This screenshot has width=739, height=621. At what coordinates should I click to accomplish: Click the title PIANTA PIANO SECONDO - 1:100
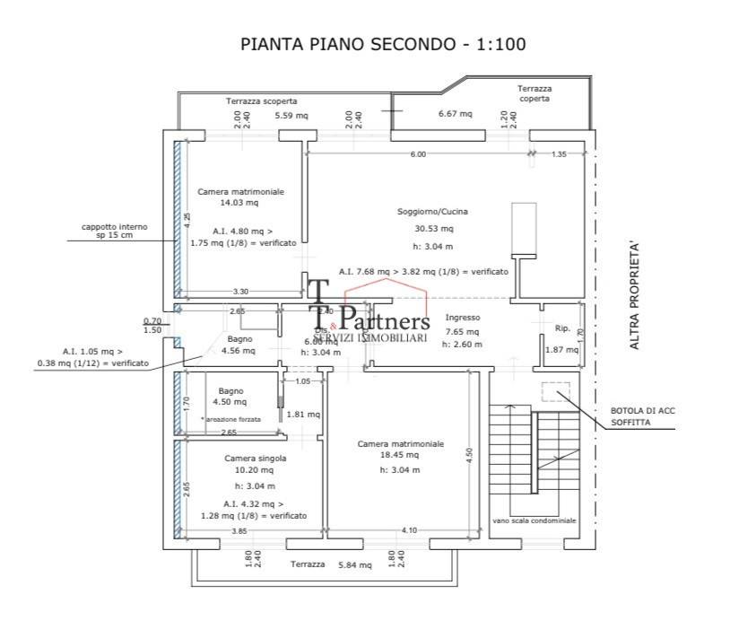(x=383, y=44)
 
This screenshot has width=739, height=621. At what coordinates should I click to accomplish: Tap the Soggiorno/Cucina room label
(x=433, y=212)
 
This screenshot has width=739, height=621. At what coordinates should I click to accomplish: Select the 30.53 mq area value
(x=433, y=229)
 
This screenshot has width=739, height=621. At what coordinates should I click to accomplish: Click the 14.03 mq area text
(x=239, y=204)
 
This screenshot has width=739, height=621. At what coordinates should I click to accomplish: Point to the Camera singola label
(x=255, y=458)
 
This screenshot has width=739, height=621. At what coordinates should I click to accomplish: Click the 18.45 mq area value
(x=401, y=456)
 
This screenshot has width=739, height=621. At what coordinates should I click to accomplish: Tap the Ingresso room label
(x=463, y=318)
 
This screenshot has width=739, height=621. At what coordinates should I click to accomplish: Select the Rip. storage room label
(x=562, y=328)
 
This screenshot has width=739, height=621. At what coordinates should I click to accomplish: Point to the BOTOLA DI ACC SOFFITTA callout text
(x=640, y=415)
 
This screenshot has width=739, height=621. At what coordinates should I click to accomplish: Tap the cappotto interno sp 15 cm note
(x=114, y=232)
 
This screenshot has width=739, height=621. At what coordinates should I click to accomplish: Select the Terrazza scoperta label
(x=261, y=101)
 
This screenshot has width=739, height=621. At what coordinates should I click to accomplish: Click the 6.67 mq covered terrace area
(x=455, y=114)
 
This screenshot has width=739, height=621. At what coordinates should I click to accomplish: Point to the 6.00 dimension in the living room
(x=418, y=154)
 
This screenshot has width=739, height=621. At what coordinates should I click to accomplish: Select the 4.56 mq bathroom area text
(x=238, y=351)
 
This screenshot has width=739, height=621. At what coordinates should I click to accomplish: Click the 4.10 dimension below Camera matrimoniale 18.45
(x=409, y=531)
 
